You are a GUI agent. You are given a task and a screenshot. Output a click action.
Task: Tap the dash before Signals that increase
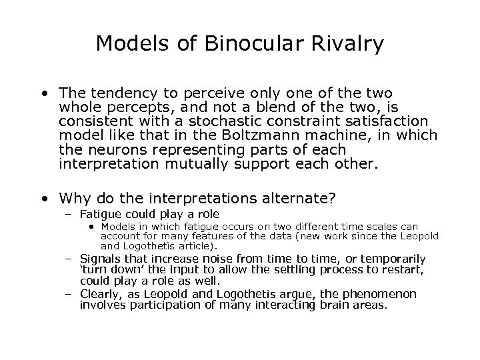69,259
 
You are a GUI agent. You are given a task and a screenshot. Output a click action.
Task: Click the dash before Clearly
69,294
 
